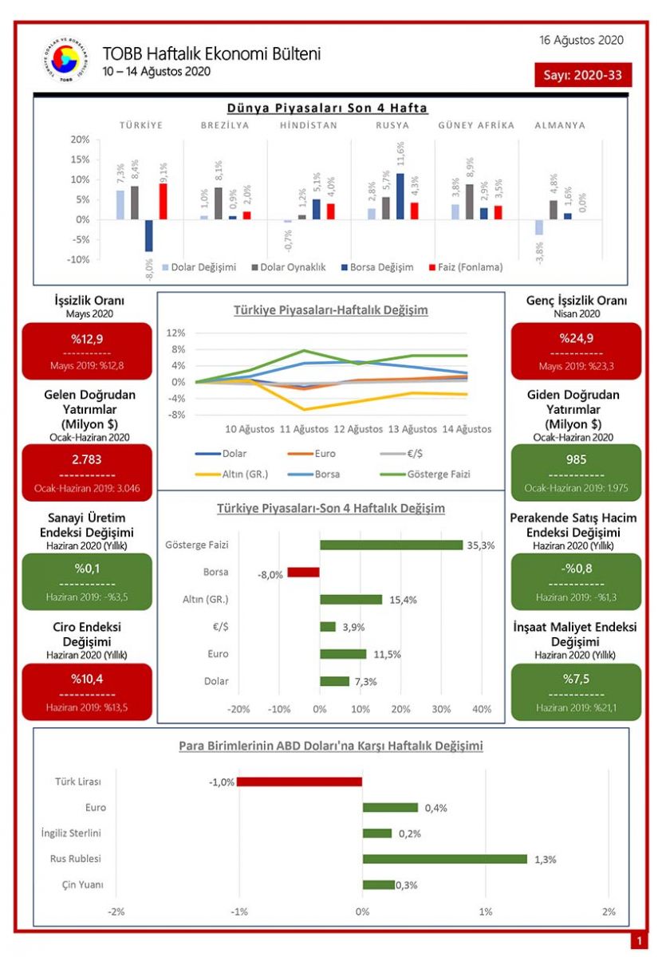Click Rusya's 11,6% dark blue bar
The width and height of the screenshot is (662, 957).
coord(400,196)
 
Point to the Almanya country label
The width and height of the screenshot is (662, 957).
coord(559,125)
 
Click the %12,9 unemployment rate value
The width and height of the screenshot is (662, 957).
coord(87,338)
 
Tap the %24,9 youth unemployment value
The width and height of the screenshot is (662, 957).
coord(575,338)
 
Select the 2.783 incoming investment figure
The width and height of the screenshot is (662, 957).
coord(87,459)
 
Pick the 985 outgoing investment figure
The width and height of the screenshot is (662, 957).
coord(575,459)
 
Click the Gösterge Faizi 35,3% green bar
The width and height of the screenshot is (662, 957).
coord(391,545)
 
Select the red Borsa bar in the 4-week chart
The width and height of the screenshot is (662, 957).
coord(303,572)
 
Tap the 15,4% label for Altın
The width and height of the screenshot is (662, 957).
coord(403,600)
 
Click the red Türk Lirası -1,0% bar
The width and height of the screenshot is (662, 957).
coord(299,782)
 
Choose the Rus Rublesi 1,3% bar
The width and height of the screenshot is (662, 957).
coord(444,859)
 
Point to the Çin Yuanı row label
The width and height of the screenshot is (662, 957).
coord(82,884)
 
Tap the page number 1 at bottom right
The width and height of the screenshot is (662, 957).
coord(639,942)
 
